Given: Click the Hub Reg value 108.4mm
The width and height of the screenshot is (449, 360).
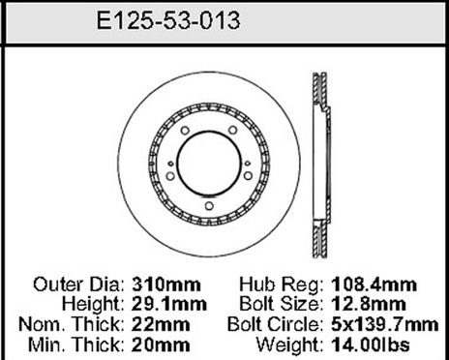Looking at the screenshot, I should pyautogui.click(x=373, y=286).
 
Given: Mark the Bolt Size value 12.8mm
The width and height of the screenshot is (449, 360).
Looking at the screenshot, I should pyautogui.click(x=369, y=305).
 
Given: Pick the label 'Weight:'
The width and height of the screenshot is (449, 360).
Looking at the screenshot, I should pyautogui.click(x=294, y=342).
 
